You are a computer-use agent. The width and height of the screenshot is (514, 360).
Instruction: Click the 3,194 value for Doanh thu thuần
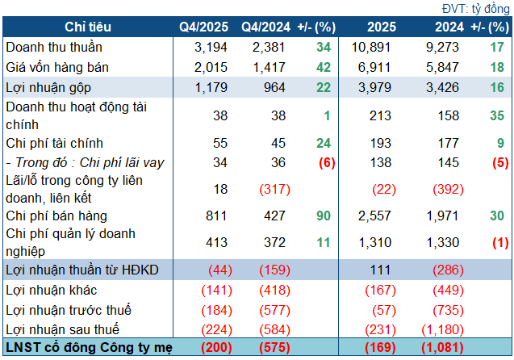tap(211, 48)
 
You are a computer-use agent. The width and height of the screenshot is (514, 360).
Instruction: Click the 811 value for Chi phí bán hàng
tap(215, 216)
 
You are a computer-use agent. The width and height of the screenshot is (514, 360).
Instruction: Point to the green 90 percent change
tap(323, 216)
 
